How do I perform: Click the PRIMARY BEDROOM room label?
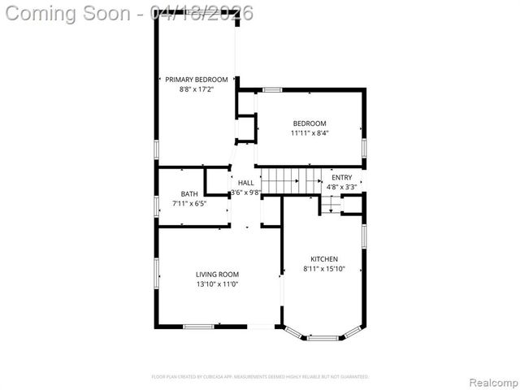coord(197,80)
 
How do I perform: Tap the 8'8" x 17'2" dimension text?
coord(197,89)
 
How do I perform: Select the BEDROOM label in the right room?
coord(310,123)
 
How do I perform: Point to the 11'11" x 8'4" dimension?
coord(310,132)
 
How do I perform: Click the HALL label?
coord(245,183)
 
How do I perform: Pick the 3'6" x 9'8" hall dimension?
coord(245,193)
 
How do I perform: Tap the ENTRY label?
coord(342,177)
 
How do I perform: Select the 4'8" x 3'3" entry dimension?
coord(342,187)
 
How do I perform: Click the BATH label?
coord(189,193)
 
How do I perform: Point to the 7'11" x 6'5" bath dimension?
coord(189,203)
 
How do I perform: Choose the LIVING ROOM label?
coord(216,275)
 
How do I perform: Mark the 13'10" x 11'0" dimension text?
coord(216,284)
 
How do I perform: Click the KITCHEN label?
coord(324,259)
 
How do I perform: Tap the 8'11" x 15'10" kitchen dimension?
coord(324,269)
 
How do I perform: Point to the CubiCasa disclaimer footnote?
coord(260,377)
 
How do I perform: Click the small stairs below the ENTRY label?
coord(330,206)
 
